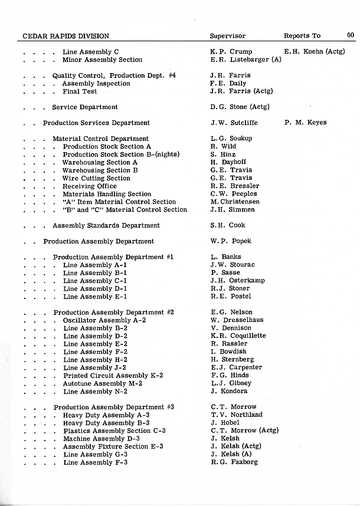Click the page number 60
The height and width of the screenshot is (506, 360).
click(x=351, y=35)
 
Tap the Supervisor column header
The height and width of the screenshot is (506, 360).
click(x=227, y=36)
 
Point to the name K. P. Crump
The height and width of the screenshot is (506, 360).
click(x=231, y=52)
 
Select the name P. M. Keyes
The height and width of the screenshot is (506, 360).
click(x=305, y=123)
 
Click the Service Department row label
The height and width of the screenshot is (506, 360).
click(x=84, y=107)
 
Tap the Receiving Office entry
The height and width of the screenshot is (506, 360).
click(x=89, y=186)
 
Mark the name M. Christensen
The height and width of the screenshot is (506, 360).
click(x=234, y=202)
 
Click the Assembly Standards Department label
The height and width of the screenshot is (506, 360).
click(x=106, y=225)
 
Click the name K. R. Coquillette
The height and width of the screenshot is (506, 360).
click(x=238, y=336)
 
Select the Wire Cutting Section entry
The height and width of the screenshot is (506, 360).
click(x=96, y=178)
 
